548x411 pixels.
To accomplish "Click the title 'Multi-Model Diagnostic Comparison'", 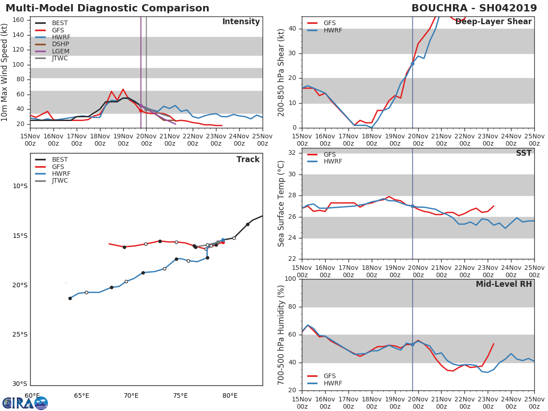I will pyautogui.click(x=107, y=8).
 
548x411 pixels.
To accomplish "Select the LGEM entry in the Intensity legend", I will pyautogui.click(x=60, y=51).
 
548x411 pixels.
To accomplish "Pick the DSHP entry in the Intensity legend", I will pyautogui.click(x=60, y=44).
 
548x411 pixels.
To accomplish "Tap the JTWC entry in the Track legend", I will pyautogui.click(x=60, y=181).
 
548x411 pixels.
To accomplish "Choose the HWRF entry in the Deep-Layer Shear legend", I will pyautogui.click(x=332, y=30).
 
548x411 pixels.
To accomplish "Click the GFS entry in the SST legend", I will pyautogui.click(x=330, y=154).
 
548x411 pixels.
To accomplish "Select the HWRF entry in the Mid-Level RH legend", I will pyautogui.click(x=332, y=383).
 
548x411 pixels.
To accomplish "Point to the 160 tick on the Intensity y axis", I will pyautogui.click(x=19, y=20).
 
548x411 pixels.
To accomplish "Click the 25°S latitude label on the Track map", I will pyautogui.click(x=20, y=334).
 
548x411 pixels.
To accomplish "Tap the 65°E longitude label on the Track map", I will pyautogui.click(x=82, y=395).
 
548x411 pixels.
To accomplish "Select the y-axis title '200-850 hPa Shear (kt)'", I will pyautogui.click(x=281, y=72).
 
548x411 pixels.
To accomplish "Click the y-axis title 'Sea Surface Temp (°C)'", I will pyautogui.click(x=281, y=203).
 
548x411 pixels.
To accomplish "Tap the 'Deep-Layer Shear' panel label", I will pyautogui.click(x=493, y=22).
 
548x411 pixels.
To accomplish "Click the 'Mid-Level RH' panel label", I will pyautogui.click(x=504, y=284).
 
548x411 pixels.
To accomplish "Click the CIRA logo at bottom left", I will pyautogui.click(x=25, y=403).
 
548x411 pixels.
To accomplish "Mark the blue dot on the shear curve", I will pyautogui.click(x=412, y=63).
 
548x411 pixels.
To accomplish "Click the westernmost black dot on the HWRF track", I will pyautogui.click(x=70, y=298).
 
